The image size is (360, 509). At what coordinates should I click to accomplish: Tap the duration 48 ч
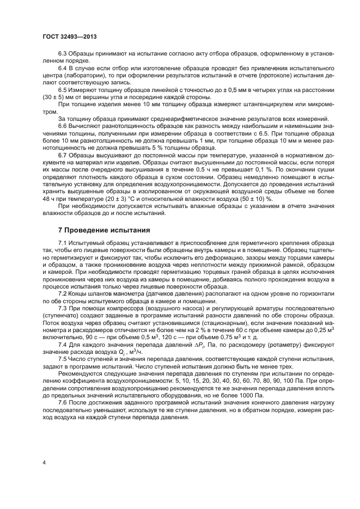click(x=48, y=199)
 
